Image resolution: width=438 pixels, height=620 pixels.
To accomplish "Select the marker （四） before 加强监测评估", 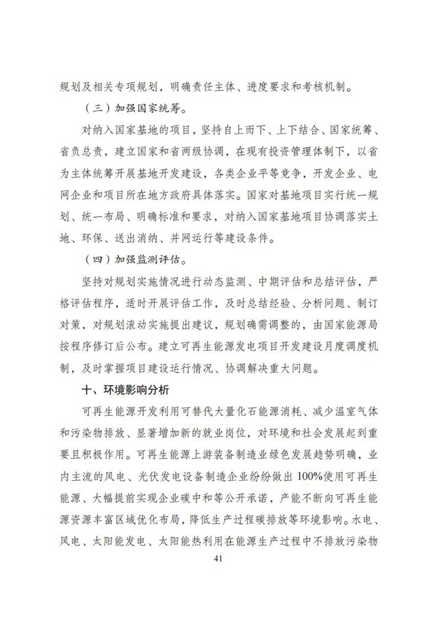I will pyautogui.click(x=96, y=261).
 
